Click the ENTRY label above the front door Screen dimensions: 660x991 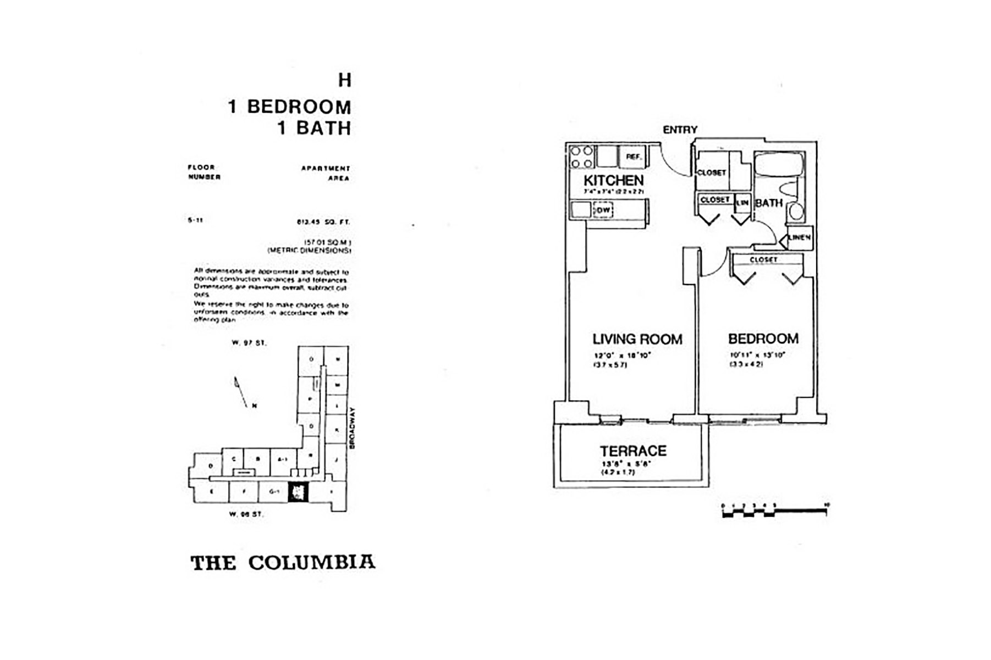pyautogui.click(x=680, y=130)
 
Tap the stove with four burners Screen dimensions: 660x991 pyautogui.click(x=581, y=157)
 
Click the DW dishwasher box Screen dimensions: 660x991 pyautogui.click(x=603, y=210)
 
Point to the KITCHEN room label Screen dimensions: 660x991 pyautogui.click(x=613, y=180)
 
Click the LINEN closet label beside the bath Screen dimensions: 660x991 pyautogui.click(x=799, y=238)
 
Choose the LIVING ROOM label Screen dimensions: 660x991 pyautogui.click(x=637, y=339)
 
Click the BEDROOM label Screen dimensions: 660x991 pyautogui.click(x=763, y=339)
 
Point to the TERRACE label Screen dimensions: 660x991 pyautogui.click(x=633, y=451)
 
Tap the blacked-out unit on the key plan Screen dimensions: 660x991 pyautogui.click(x=299, y=491)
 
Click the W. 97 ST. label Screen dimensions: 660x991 pyautogui.click(x=249, y=343)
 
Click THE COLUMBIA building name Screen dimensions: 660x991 pyautogui.click(x=283, y=563)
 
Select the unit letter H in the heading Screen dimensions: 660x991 pyautogui.click(x=344, y=81)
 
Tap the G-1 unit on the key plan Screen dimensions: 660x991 pyautogui.click(x=274, y=492)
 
